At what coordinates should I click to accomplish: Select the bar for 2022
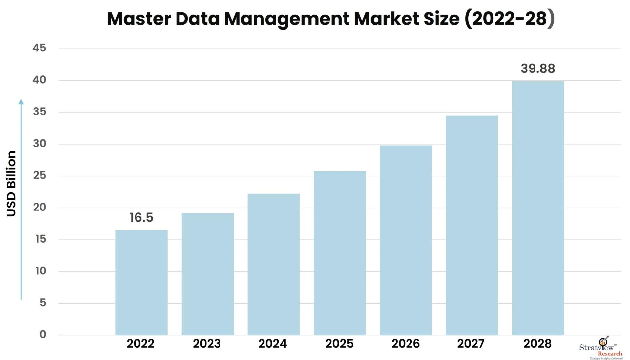pos(141,282)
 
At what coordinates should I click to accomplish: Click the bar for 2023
pos(208,274)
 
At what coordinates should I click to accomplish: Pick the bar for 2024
pos(274,264)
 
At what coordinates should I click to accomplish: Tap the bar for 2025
pos(340,253)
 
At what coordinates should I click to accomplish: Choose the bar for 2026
pos(406,240)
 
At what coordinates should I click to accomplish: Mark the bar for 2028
pos(538,208)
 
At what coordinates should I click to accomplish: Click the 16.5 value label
pos(141,218)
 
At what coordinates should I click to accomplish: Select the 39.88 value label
pos(538,69)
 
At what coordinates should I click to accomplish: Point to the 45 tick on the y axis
pos(39,48)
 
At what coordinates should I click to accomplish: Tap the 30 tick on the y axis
pos(39,144)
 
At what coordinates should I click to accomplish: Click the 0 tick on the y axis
pos(43,334)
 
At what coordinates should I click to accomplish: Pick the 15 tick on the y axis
pos(40,239)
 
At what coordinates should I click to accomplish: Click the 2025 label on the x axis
pos(339,344)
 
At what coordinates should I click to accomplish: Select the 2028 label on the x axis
pos(537,344)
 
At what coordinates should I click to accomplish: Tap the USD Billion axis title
pos(11,184)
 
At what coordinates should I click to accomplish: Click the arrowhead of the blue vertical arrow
pos(21,102)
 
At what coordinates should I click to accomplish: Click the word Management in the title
pos(287,19)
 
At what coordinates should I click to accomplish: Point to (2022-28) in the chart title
pos(509,19)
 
